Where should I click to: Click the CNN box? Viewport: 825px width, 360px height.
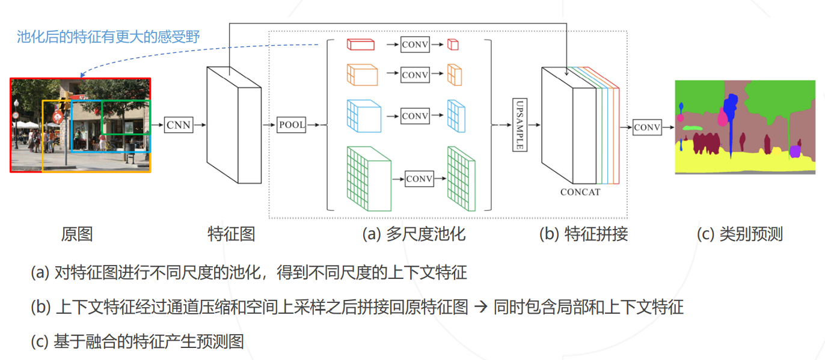pyautogui.click(x=178, y=125)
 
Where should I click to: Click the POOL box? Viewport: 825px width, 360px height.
pyautogui.click(x=292, y=125)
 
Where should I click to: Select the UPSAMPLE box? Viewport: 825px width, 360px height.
pyautogui.click(x=520, y=125)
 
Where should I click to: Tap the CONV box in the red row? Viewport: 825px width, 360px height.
pyautogui.click(x=415, y=44)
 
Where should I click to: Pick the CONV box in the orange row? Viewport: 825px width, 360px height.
pyautogui.click(x=415, y=75)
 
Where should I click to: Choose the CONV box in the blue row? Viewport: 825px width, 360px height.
pyautogui.click(x=415, y=116)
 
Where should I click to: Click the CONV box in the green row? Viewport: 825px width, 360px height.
pyautogui.click(x=420, y=179)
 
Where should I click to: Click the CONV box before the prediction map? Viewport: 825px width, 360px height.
pyautogui.click(x=647, y=127)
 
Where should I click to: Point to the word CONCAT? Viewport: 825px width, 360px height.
pyautogui.click(x=580, y=192)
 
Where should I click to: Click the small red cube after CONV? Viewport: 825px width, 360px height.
pyautogui.click(x=453, y=44)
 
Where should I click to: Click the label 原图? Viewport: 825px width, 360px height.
pyautogui.click(x=77, y=234)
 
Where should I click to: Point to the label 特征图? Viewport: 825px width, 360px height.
pyautogui.click(x=231, y=234)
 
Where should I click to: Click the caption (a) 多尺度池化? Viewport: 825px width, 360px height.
pyautogui.click(x=414, y=234)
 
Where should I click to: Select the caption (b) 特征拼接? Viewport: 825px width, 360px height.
pyautogui.click(x=583, y=234)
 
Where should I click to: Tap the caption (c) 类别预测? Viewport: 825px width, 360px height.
pyautogui.click(x=740, y=234)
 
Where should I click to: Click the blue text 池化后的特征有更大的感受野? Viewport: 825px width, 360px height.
pyautogui.click(x=108, y=37)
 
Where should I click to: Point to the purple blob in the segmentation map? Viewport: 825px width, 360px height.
pyautogui.click(x=796, y=151)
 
